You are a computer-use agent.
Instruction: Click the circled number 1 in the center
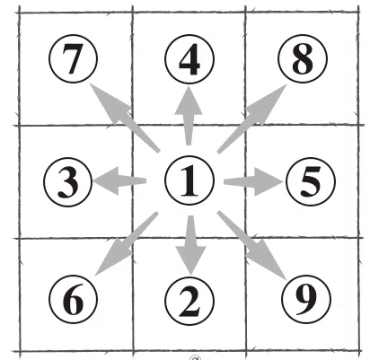[x=189, y=180]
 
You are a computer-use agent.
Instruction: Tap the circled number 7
[x=73, y=58]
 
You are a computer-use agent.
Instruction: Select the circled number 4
[x=189, y=59]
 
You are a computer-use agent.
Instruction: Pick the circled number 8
[x=303, y=59]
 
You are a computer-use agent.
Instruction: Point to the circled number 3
[x=67, y=181]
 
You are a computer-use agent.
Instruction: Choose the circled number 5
[x=311, y=181]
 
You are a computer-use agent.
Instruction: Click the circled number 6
[x=73, y=299]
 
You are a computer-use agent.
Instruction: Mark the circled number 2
[x=189, y=301]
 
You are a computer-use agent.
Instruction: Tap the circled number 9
[x=306, y=299]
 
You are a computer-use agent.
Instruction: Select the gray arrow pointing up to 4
[x=189, y=116]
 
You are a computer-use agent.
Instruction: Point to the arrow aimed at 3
[x=119, y=180]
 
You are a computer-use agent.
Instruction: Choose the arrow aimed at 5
[x=253, y=181]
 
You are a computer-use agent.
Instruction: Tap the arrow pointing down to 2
[x=190, y=245]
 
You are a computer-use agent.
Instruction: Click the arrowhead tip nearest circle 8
[x=286, y=84]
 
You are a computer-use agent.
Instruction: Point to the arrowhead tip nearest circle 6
[x=95, y=275]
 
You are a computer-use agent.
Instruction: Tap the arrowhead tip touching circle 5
[x=284, y=181]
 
